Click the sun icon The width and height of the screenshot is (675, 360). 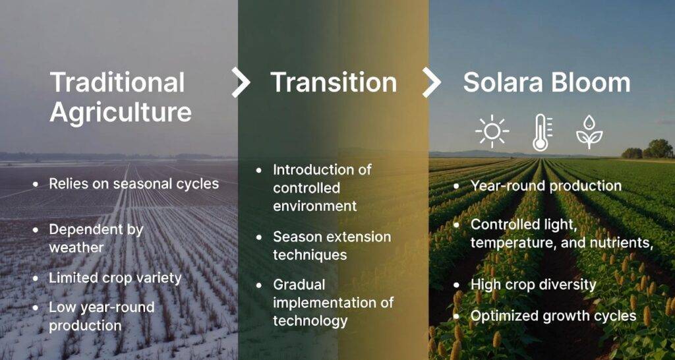(492, 131)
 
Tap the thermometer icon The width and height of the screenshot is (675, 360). (541, 133)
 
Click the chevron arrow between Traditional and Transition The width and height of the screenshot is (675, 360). (240, 82)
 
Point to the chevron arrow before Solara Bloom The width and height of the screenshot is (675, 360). (431, 82)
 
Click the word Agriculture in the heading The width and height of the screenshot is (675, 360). (121, 113)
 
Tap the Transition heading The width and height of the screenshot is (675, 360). (334, 82)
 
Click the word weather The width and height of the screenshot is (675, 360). (76, 247)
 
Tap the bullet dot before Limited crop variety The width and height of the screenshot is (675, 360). (36, 278)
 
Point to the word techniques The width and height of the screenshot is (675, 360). (310, 255)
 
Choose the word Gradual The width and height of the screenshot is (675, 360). (299, 285)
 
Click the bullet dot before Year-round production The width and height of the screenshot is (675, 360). (457, 187)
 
